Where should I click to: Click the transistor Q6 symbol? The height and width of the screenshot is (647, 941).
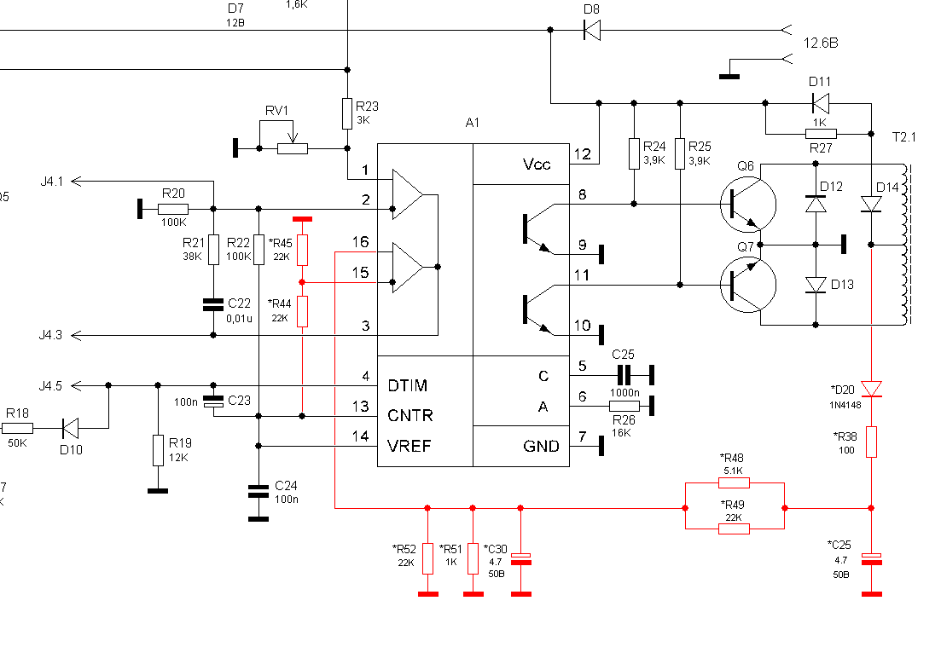coord(747,205)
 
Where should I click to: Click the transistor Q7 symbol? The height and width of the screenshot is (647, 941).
coord(747,285)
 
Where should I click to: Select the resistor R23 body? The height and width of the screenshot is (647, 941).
coord(347,114)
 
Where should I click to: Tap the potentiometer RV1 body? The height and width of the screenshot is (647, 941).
coord(293,148)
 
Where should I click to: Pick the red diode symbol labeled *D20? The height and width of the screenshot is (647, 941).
coord(871,389)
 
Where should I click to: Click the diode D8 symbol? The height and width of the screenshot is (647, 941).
coord(592,30)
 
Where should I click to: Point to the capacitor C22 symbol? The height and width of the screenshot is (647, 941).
coord(213,304)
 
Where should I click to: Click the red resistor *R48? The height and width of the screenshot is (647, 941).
coord(734,482)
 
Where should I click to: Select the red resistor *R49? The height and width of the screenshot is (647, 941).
coord(734,529)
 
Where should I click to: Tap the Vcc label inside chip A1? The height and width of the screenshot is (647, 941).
coord(537,165)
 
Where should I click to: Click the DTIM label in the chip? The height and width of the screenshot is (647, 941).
coord(408,385)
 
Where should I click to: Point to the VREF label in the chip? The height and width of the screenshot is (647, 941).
coord(410,446)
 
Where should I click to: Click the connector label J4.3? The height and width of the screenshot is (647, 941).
coord(51,335)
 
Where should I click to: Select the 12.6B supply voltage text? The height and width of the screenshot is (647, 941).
coord(821,43)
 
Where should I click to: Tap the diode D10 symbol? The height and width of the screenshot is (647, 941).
coord(70,428)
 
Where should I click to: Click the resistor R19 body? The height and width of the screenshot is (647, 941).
coord(158,450)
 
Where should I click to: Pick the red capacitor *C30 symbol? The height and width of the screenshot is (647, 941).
coord(521,558)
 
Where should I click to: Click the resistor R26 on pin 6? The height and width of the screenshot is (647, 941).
coord(624,406)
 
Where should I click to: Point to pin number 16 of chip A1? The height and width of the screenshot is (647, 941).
coord(360,241)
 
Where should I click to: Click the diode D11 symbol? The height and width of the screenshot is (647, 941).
coord(821,103)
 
